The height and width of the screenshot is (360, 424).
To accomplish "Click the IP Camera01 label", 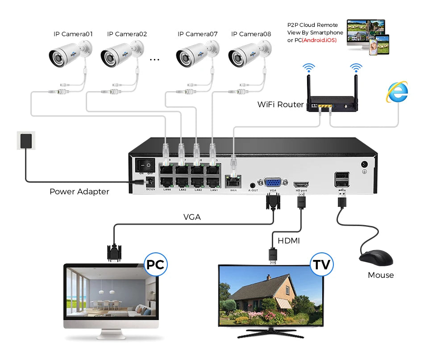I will (x=73, y=34).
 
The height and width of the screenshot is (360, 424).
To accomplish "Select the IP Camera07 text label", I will (x=197, y=34).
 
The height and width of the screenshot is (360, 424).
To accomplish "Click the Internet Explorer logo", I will (x=397, y=92).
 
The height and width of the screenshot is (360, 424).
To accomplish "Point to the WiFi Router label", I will (x=280, y=105).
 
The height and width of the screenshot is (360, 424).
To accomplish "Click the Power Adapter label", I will (x=79, y=192).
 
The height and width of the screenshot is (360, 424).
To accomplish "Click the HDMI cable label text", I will (x=289, y=241).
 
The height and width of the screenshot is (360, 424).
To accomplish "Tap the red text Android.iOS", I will (x=319, y=40).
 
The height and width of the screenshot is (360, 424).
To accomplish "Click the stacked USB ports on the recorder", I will (x=342, y=179).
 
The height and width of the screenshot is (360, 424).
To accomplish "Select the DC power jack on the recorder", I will (x=150, y=182).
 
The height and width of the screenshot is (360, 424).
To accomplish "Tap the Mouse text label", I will (x=381, y=275).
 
